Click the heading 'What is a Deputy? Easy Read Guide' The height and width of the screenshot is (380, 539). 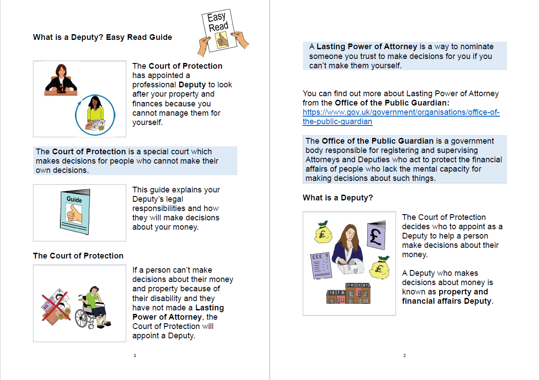pos(102,37)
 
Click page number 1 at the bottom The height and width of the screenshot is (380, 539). pos(135,355)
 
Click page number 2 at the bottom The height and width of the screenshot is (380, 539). pos(405,355)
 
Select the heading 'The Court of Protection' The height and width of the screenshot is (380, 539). pos(78,256)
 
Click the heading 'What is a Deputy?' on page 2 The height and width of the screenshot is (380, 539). pos(338,198)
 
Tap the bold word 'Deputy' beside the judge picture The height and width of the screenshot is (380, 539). pos(192,85)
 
